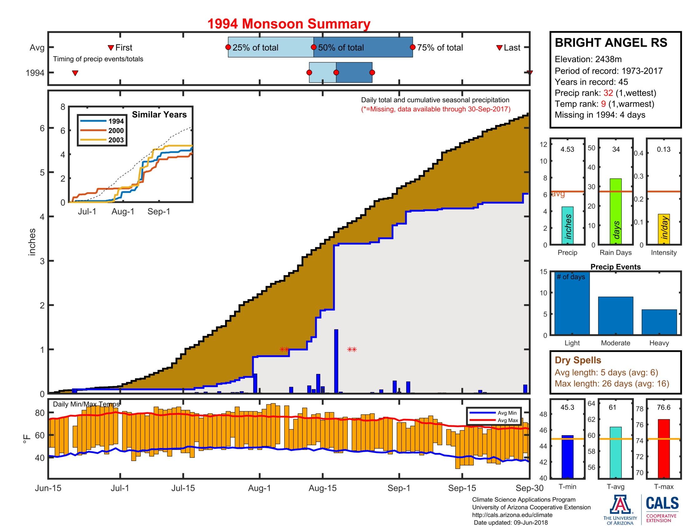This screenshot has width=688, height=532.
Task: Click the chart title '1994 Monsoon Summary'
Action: pos(289,24)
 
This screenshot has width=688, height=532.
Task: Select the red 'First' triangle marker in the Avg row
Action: pos(111,48)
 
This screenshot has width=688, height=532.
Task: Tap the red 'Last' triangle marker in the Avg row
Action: pos(499,48)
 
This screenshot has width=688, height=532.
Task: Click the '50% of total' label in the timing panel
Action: pos(341,48)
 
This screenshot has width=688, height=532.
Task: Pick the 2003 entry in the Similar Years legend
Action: pos(116,140)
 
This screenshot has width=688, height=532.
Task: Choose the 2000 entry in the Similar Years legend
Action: pos(116,130)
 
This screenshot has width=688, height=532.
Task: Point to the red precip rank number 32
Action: pos(608,93)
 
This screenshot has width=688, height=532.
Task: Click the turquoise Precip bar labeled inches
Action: pos(567,225)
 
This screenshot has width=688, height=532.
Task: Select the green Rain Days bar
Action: pos(615,211)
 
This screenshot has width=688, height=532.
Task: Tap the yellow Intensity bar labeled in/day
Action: pos(664,229)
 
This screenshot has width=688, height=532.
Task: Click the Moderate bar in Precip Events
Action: pos(615,315)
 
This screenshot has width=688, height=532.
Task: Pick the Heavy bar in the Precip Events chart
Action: pos(659,322)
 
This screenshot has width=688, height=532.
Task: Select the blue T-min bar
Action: pos(567,456)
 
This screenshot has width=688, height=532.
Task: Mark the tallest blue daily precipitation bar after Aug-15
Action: pos(336,361)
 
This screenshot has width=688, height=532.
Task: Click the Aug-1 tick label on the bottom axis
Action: pos(259,488)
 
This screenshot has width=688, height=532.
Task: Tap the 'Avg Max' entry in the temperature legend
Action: pos(508,420)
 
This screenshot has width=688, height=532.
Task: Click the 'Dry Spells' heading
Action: pos(578,360)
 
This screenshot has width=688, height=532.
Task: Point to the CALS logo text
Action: pos(662,503)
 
